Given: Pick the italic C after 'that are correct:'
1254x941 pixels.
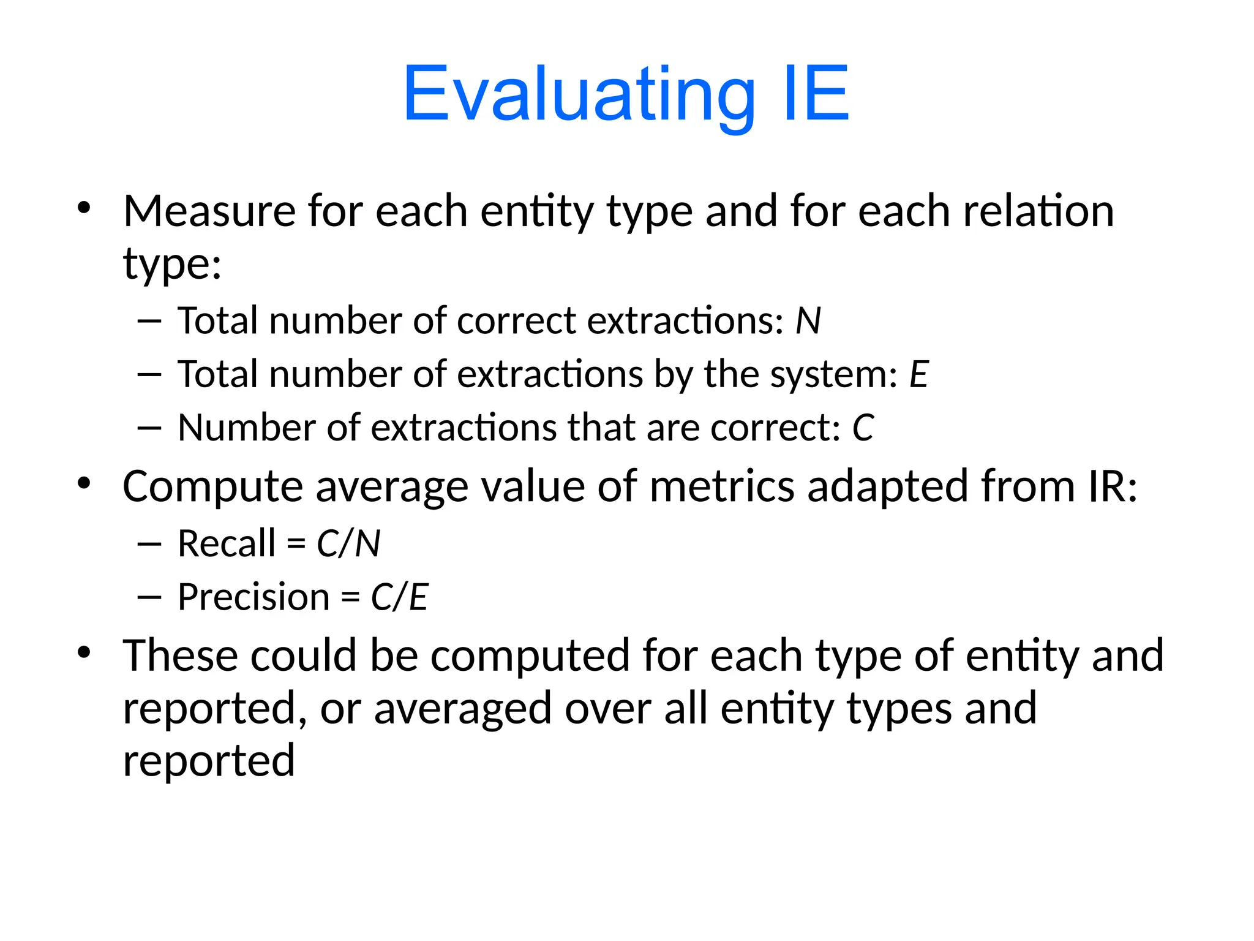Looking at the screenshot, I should (863, 428).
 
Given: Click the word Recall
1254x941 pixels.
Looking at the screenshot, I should (227, 543).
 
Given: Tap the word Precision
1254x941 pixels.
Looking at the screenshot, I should (253, 597).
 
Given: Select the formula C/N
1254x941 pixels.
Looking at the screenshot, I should (348, 543).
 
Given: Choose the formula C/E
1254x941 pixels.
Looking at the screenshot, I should (399, 597).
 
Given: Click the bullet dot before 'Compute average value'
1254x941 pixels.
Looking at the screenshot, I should (84, 484).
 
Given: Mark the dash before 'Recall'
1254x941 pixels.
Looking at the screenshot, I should (149, 544).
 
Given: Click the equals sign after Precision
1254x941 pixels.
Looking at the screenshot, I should (350, 597).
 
